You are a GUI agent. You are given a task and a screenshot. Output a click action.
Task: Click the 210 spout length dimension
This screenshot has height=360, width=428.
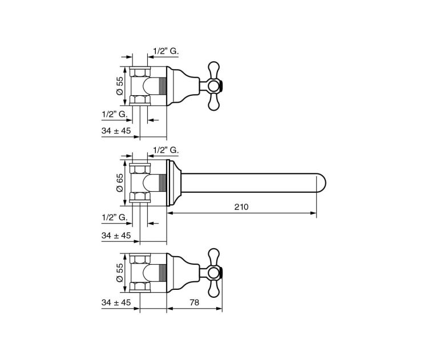[241, 207]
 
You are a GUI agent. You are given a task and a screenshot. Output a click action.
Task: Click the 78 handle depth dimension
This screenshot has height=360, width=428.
[194, 302]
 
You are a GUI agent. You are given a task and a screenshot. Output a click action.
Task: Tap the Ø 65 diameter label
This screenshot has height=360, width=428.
[120, 183]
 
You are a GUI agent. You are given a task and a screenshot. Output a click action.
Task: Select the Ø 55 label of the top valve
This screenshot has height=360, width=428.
[120, 86]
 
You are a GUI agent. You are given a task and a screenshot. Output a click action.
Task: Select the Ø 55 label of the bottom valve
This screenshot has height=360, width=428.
[120, 272]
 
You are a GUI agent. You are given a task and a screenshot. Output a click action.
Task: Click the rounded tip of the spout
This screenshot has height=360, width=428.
[321, 183]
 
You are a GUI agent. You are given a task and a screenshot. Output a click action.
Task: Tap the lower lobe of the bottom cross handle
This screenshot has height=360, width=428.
[213, 289]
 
